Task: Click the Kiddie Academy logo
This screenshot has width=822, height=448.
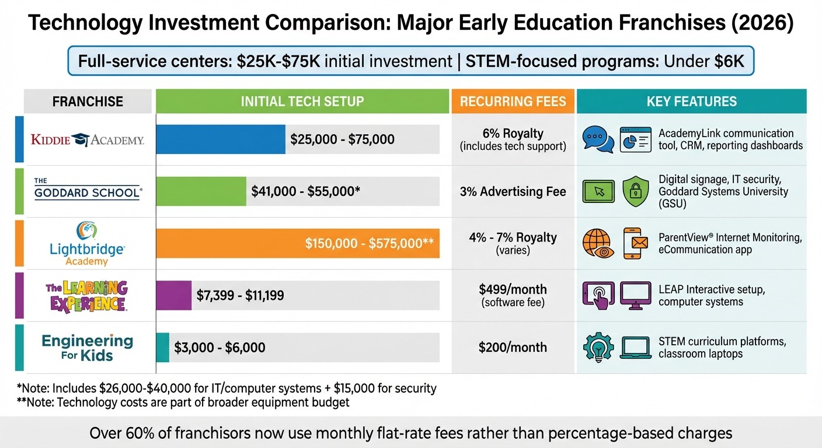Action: point(88,139)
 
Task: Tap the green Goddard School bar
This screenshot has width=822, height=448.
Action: point(201,191)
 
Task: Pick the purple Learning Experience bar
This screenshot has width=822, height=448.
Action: point(174,295)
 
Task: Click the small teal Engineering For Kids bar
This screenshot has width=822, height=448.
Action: point(163,347)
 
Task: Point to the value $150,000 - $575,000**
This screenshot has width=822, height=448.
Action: point(369,243)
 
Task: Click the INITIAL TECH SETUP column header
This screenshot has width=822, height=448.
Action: point(302,101)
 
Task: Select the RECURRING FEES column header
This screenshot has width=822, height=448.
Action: point(513,101)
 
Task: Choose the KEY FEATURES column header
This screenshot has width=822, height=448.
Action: point(691,101)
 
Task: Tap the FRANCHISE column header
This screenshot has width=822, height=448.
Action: point(88,101)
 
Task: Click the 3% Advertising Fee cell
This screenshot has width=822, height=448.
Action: point(513,191)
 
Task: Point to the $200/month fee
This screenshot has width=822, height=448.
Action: point(513,348)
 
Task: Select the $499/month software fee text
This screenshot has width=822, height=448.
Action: point(513,295)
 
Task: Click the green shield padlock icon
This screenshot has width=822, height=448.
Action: point(636,192)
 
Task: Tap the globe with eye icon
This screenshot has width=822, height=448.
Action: point(598,243)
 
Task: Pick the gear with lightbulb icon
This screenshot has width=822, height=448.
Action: point(598,348)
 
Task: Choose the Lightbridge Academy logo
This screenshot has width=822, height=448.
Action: point(87,244)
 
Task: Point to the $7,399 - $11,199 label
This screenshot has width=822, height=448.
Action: point(240,295)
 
